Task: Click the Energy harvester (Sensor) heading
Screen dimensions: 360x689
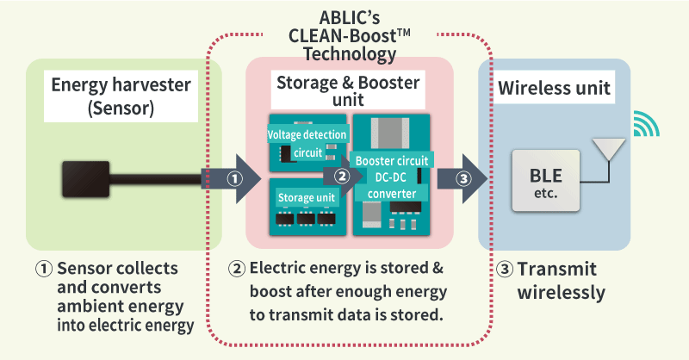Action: click(123, 96)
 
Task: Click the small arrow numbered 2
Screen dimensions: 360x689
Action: click(341, 177)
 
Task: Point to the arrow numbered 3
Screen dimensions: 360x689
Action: click(462, 179)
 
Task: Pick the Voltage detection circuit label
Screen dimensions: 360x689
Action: click(307, 144)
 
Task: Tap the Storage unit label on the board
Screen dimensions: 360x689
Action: click(306, 198)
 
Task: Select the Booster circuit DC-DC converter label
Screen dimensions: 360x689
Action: click(392, 177)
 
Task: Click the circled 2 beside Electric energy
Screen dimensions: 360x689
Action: click(240, 267)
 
